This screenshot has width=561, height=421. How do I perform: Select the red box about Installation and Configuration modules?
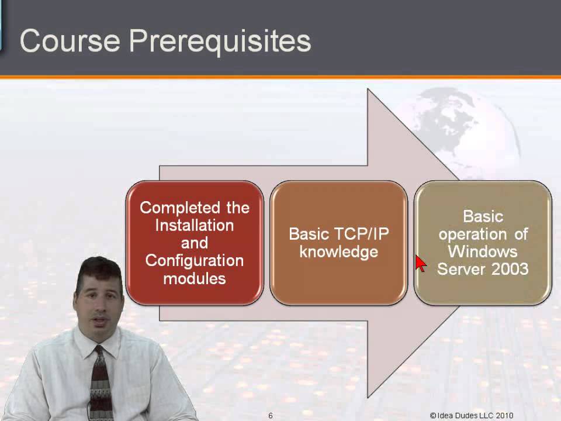coord(195,243)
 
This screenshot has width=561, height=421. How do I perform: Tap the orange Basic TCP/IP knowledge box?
coord(338,243)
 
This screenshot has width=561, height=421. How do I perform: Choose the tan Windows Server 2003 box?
coord(483,243)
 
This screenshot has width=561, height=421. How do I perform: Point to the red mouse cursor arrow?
coord(420,264)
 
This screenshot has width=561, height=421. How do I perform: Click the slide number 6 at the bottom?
coord(271,416)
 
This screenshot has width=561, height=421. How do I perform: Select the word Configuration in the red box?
coord(195,261)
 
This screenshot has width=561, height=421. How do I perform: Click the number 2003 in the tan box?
coord(510,270)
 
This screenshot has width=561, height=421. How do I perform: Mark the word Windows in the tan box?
coord(483,251)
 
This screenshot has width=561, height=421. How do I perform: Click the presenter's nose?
coord(100,304)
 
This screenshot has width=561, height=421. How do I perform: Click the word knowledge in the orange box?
coord(338,252)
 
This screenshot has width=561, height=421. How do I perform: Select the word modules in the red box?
coord(195,279)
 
